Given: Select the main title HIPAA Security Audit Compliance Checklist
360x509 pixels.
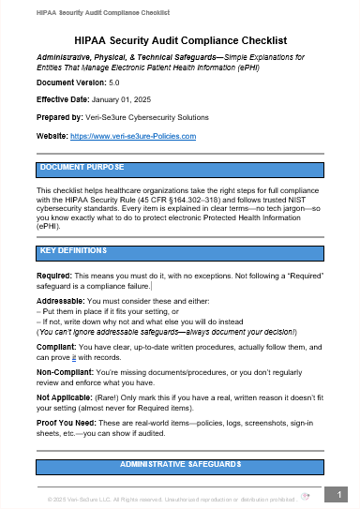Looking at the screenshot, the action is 180,41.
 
